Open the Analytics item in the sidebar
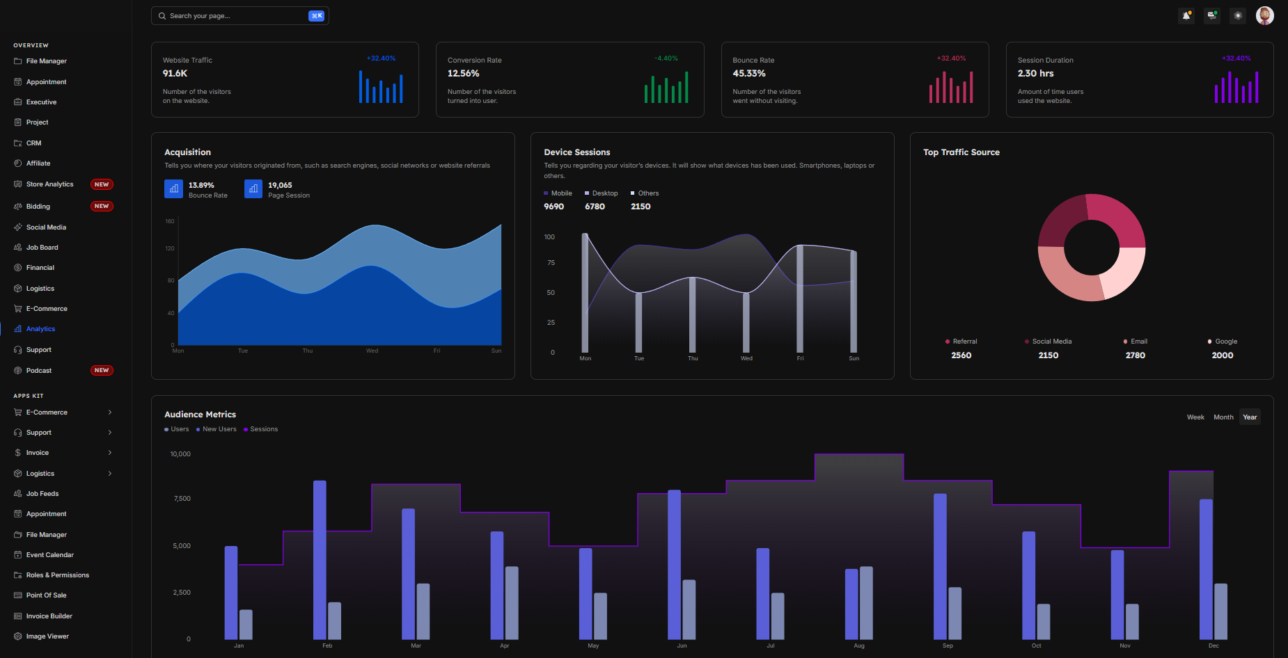click(40, 329)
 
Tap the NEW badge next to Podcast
click(102, 371)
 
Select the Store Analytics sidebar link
click(49, 184)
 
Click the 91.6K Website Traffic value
click(175, 73)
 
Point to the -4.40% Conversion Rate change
click(666, 58)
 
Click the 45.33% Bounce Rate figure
click(749, 73)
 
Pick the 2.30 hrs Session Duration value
click(1035, 73)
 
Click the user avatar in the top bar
click(1264, 15)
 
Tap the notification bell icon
click(1186, 15)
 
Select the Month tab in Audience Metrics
click(1223, 417)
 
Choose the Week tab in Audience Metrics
click(1195, 417)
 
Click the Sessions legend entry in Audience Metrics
click(263, 429)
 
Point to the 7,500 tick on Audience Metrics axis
click(182, 499)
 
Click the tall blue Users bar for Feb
click(320, 560)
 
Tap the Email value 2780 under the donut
click(1135, 355)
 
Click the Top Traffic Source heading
click(961, 152)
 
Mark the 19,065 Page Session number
click(280, 185)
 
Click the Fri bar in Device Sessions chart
click(800, 299)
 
